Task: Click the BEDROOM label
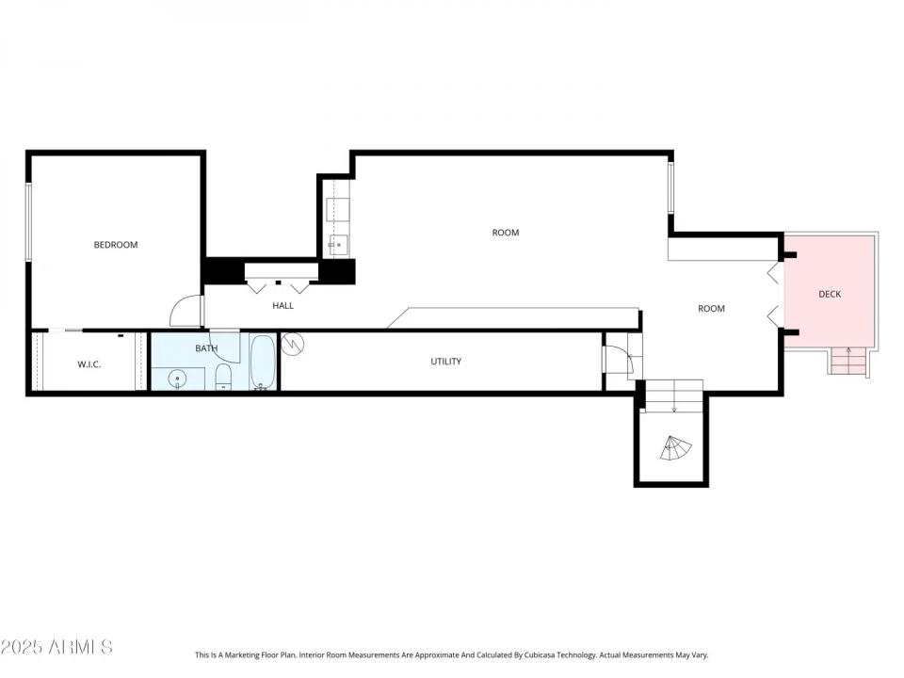[115, 245]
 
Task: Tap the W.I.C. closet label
[89, 364]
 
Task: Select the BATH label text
[206, 348]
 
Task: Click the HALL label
[282, 305]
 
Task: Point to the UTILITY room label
[445, 362]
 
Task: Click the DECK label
[830, 294]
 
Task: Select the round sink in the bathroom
[177, 379]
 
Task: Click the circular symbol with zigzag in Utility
[294, 345]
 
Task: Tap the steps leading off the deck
[848, 361]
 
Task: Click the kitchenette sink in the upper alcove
[337, 245]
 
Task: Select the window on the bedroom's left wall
[29, 222]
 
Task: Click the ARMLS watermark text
[56, 647]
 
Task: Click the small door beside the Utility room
[618, 360]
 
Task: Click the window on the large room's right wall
[671, 188]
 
